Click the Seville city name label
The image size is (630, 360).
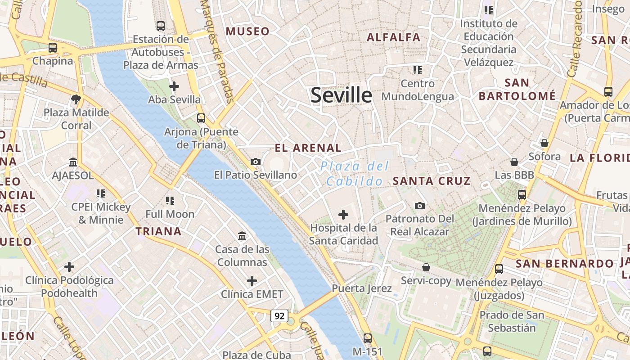[x=341, y=95]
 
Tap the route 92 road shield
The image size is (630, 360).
[x=279, y=315]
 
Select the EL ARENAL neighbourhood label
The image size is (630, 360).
[x=308, y=148]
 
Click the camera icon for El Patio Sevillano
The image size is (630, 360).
[x=256, y=162]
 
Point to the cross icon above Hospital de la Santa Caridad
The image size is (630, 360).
[x=343, y=215]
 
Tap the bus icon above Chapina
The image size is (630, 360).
[x=53, y=47]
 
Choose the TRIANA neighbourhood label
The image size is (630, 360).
[x=158, y=231]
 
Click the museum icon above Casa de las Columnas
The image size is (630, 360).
[x=242, y=236]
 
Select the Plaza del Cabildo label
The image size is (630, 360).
[x=354, y=174]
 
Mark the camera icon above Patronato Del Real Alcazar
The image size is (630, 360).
[x=419, y=206]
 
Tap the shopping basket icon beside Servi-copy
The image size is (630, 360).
[x=426, y=267]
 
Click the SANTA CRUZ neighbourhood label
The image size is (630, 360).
[x=432, y=181]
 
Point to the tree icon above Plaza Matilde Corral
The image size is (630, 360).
[x=76, y=99]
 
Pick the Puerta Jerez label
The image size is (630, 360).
[x=362, y=288]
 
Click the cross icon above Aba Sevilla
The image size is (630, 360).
[x=174, y=86]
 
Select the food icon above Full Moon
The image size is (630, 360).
[x=170, y=201]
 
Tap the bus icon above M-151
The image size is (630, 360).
[x=368, y=338]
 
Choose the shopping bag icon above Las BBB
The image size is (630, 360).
[x=514, y=162]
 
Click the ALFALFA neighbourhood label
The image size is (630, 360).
[x=393, y=37]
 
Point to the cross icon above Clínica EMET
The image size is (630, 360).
[x=252, y=281]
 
